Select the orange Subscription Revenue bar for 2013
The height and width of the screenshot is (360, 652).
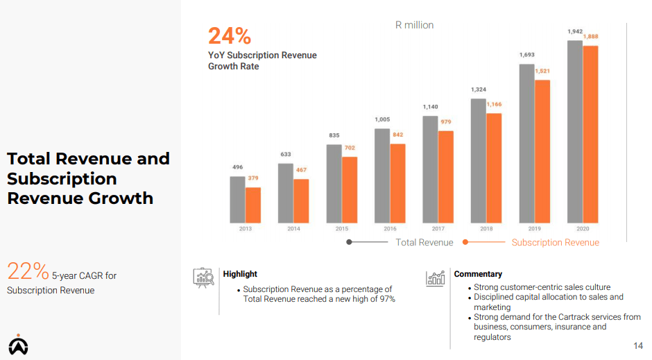click(x=253, y=205)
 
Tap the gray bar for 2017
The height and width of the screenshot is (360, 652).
click(x=430, y=169)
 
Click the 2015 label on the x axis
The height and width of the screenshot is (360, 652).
click(x=341, y=228)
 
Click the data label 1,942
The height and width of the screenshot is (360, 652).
click(x=574, y=32)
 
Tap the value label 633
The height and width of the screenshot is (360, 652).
click(x=286, y=155)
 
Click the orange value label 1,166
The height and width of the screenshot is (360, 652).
click(x=494, y=105)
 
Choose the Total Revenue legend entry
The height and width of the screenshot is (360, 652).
click(x=424, y=242)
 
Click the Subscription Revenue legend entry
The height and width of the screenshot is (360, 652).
click(x=555, y=242)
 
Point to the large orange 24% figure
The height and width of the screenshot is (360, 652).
click(x=230, y=35)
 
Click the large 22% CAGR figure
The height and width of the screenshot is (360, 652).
click(x=28, y=271)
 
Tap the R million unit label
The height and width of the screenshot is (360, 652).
click(x=414, y=25)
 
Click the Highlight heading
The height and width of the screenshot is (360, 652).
click(x=240, y=274)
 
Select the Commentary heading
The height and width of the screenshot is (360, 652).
click(x=478, y=274)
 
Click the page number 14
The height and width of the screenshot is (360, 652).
click(x=638, y=346)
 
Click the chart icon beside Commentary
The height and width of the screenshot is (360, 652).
click(x=436, y=277)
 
